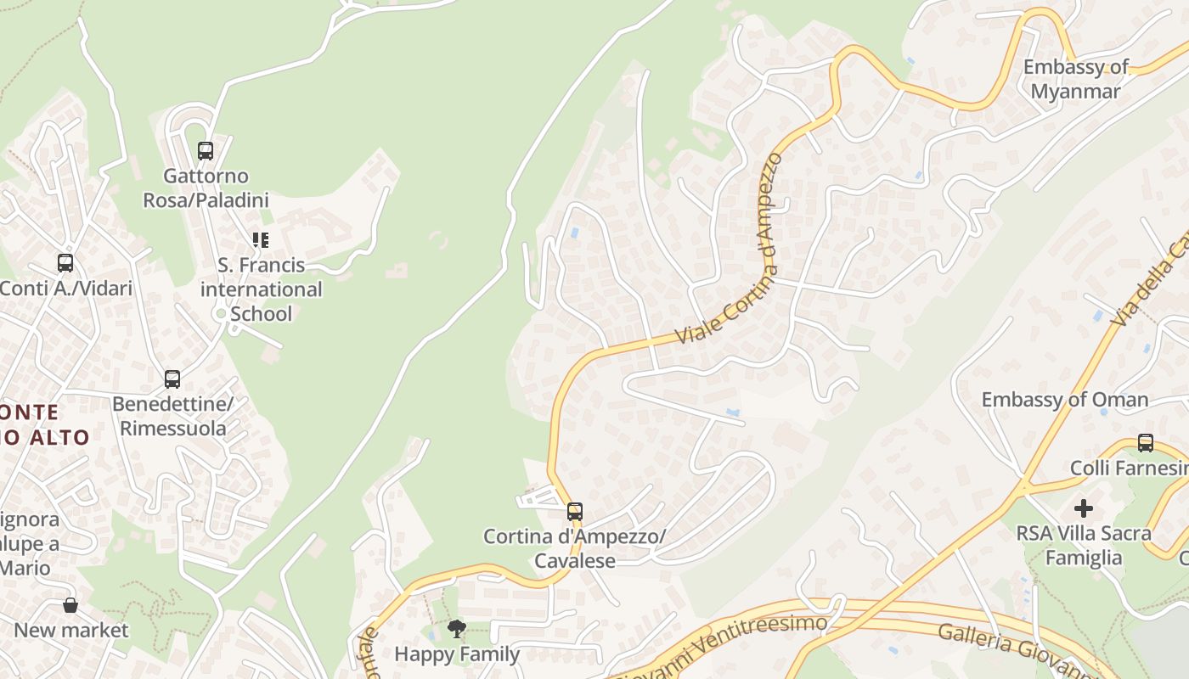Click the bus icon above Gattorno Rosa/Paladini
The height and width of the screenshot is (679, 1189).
206,151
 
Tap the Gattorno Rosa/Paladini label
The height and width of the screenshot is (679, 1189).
206,188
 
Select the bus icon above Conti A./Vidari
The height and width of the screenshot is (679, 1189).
65,263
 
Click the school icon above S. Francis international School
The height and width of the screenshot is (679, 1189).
261,240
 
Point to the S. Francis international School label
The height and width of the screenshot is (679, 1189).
261,289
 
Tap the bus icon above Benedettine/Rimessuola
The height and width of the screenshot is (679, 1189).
172,379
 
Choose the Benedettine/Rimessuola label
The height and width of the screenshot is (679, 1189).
172,416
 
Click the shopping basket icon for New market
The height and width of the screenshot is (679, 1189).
70,605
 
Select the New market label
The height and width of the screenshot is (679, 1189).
71,630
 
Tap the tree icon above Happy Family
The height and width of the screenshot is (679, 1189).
457,629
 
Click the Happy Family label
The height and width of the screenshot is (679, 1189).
457,654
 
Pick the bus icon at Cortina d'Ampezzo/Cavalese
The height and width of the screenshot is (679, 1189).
575,512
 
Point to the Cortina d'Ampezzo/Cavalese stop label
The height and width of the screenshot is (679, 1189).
575,548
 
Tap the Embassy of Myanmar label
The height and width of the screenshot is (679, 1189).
1076,79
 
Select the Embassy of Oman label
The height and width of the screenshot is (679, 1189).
1065,399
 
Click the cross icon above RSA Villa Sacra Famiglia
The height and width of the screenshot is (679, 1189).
1084,508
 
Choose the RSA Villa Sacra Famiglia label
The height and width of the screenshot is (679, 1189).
1084,545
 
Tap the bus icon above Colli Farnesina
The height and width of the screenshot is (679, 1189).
1146,443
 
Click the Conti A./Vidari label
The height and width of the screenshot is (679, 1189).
66,288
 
